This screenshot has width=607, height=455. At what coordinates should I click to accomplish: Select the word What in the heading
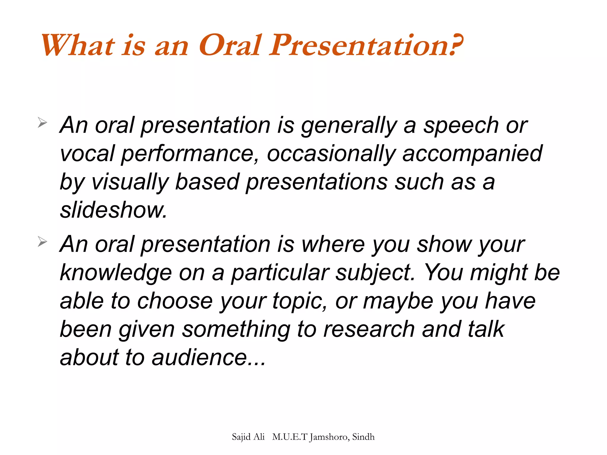click(x=78, y=45)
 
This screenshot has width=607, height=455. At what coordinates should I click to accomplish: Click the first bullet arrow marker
click(x=42, y=122)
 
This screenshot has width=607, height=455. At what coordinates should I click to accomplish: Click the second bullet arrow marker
click(x=42, y=242)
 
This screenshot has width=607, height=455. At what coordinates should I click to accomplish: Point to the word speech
click(x=461, y=126)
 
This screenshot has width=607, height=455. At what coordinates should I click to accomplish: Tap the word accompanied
click(x=472, y=154)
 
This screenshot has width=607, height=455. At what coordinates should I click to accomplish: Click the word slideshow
click(x=114, y=210)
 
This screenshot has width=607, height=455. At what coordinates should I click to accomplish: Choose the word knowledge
click(x=116, y=273)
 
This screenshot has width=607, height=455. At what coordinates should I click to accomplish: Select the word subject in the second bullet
click(x=375, y=273)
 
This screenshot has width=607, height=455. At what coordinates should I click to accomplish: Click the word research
click(x=369, y=329)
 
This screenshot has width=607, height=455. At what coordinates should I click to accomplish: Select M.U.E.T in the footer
click(x=290, y=437)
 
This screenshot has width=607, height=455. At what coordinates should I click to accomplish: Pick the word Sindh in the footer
click(x=363, y=437)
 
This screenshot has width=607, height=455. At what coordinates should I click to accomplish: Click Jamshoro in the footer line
click(x=329, y=437)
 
